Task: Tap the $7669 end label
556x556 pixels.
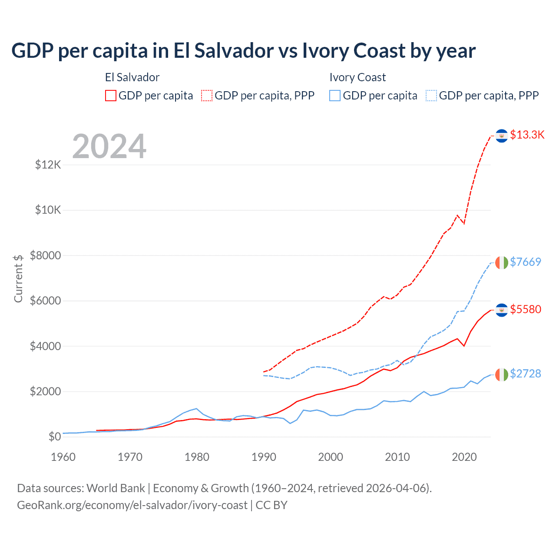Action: click(x=525, y=262)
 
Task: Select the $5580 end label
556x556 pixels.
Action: click(x=526, y=309)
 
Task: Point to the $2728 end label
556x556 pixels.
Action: click(x=525, y=374)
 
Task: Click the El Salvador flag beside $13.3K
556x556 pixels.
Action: click(x=502, y=136)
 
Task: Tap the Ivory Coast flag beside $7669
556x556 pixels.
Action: click(x=501, y=263)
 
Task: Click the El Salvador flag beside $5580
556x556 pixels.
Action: click(x=502, y=310)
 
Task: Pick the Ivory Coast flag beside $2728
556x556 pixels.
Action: click(x=501, y=374)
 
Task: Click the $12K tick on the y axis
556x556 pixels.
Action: click(x=48, y=165)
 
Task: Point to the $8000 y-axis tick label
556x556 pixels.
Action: click(x=46, y=255)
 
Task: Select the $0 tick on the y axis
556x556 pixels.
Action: click(x=54, y=437)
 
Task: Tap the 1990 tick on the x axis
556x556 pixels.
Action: click(x=264, y=457)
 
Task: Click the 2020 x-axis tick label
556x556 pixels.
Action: click(x=464, y=457)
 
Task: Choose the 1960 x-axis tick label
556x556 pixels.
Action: click(x=63, y=457)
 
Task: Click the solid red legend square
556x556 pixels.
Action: click(x=111, y=96)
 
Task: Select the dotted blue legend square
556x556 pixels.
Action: click(x=431, y=96)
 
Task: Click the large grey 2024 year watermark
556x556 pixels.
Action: click(x=109, y=146)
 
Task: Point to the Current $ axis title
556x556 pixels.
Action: click(x=18, y=278)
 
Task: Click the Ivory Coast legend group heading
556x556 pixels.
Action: click(x=357, y=77)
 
